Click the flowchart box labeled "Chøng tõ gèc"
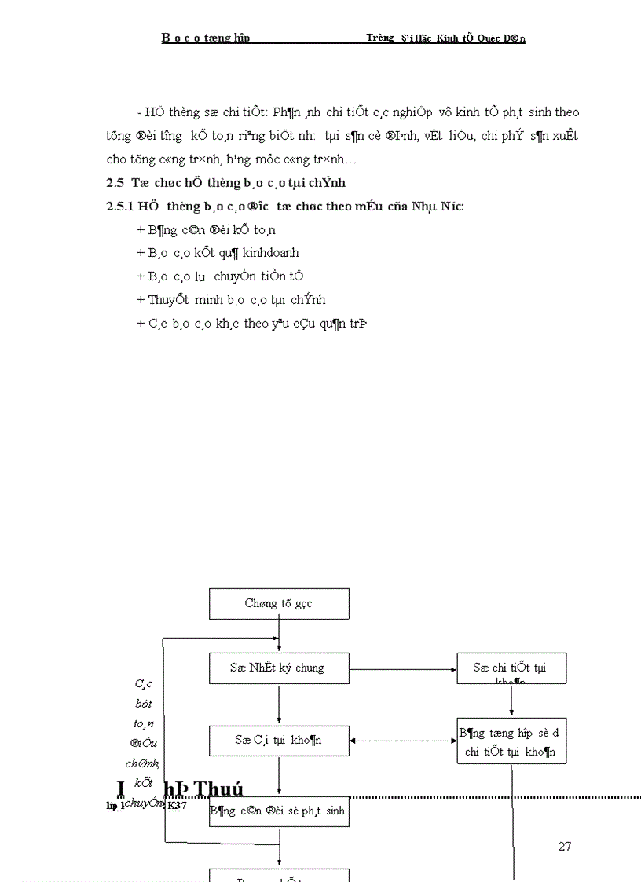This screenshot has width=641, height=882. pos(279,603)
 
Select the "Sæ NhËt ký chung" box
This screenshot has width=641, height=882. pos(279,668)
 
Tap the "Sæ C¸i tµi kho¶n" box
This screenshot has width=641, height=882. pos(279,740)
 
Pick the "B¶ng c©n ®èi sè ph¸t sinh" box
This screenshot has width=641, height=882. pos(279,811)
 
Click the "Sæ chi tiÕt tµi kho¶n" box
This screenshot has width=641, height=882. pos(511,668)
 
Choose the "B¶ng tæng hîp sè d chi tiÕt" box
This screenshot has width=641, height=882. pos(511,741)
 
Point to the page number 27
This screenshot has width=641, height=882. pos(565,846)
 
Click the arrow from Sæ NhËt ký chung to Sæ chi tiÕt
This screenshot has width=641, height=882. pos(403,670)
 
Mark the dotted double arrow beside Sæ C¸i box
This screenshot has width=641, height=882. pos(403,740)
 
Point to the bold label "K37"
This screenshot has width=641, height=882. pos(177,805)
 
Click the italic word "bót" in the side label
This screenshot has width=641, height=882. pos(143,704)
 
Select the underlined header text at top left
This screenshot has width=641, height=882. pos(206,38)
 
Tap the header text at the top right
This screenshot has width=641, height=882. pos(445,38)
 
